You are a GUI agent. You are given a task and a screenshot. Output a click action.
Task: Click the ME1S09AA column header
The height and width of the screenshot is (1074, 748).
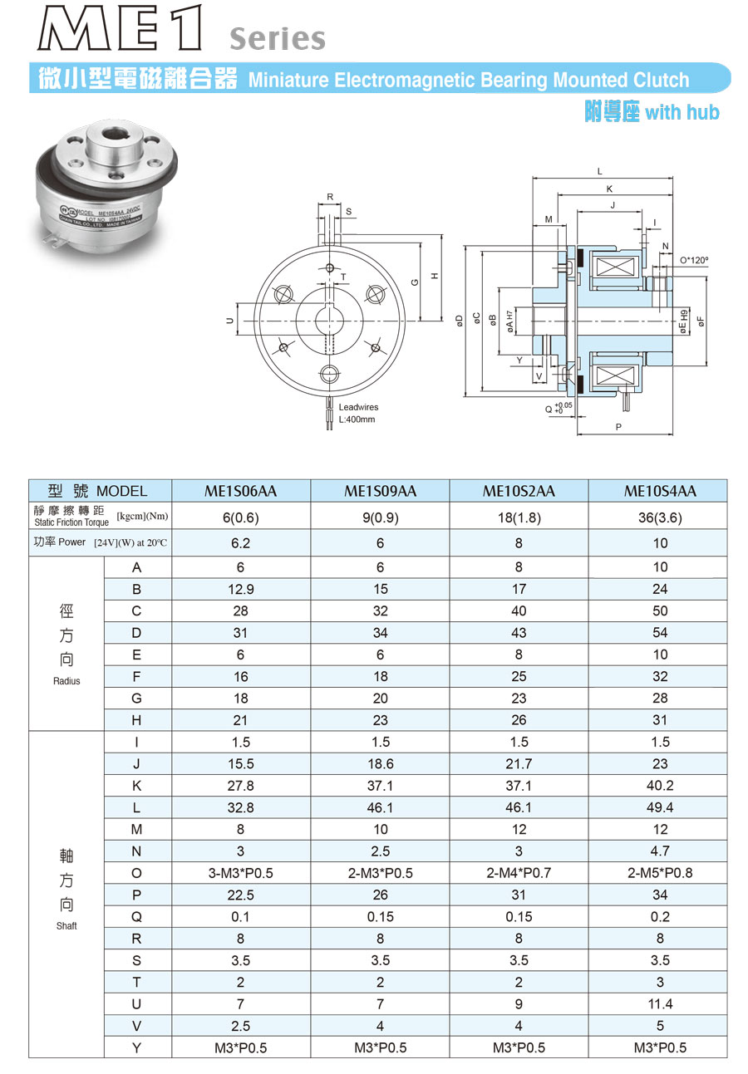[380, 491]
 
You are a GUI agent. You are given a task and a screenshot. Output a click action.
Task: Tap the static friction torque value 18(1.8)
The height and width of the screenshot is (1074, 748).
[519, 516]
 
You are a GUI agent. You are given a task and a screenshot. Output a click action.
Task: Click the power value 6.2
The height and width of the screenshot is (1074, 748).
[241, 543]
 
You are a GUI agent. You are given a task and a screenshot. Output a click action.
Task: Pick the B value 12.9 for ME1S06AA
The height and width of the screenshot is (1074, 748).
[241, 589]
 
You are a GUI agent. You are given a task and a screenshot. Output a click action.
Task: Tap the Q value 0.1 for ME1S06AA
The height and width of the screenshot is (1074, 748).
[241, 917]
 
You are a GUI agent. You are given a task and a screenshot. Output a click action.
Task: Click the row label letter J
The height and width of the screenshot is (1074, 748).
[137, 763]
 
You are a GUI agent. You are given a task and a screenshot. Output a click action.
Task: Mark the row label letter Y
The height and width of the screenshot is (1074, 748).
[137, 1047]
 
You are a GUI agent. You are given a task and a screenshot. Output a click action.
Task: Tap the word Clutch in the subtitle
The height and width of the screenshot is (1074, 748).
[658, 81]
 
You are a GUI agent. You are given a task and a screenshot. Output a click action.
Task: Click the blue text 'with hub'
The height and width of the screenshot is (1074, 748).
[682, 112]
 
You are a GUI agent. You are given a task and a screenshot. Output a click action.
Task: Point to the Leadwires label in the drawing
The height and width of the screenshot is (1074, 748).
[358, 407]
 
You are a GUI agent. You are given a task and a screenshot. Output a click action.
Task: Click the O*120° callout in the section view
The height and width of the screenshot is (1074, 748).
[694, 260]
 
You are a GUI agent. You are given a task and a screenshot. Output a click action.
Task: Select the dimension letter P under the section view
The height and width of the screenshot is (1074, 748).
[619, 427]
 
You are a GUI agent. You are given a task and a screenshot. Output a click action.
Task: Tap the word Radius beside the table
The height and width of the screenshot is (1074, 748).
[66, 681]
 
